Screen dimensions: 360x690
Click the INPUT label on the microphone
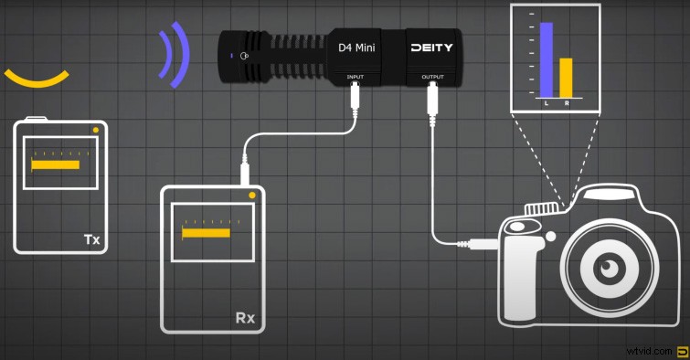coord(356,78)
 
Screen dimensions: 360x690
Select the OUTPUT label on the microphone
coord(433,78)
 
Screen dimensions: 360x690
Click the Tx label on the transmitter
coord(91,239)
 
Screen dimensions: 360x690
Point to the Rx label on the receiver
coord(245,319)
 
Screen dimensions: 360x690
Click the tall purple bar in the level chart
coord(547,60)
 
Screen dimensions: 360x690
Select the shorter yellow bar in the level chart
coord(566,78)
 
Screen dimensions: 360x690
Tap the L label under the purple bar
coord(547,104)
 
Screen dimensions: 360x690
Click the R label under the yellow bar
coord(567,104)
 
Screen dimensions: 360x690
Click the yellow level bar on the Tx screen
coord(56,165)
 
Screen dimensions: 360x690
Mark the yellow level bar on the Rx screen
coord(206,233)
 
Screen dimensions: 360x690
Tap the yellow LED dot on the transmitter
coord(96,131)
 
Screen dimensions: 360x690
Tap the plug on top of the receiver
coord(245,172)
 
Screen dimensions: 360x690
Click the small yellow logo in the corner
coord(681,350)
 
